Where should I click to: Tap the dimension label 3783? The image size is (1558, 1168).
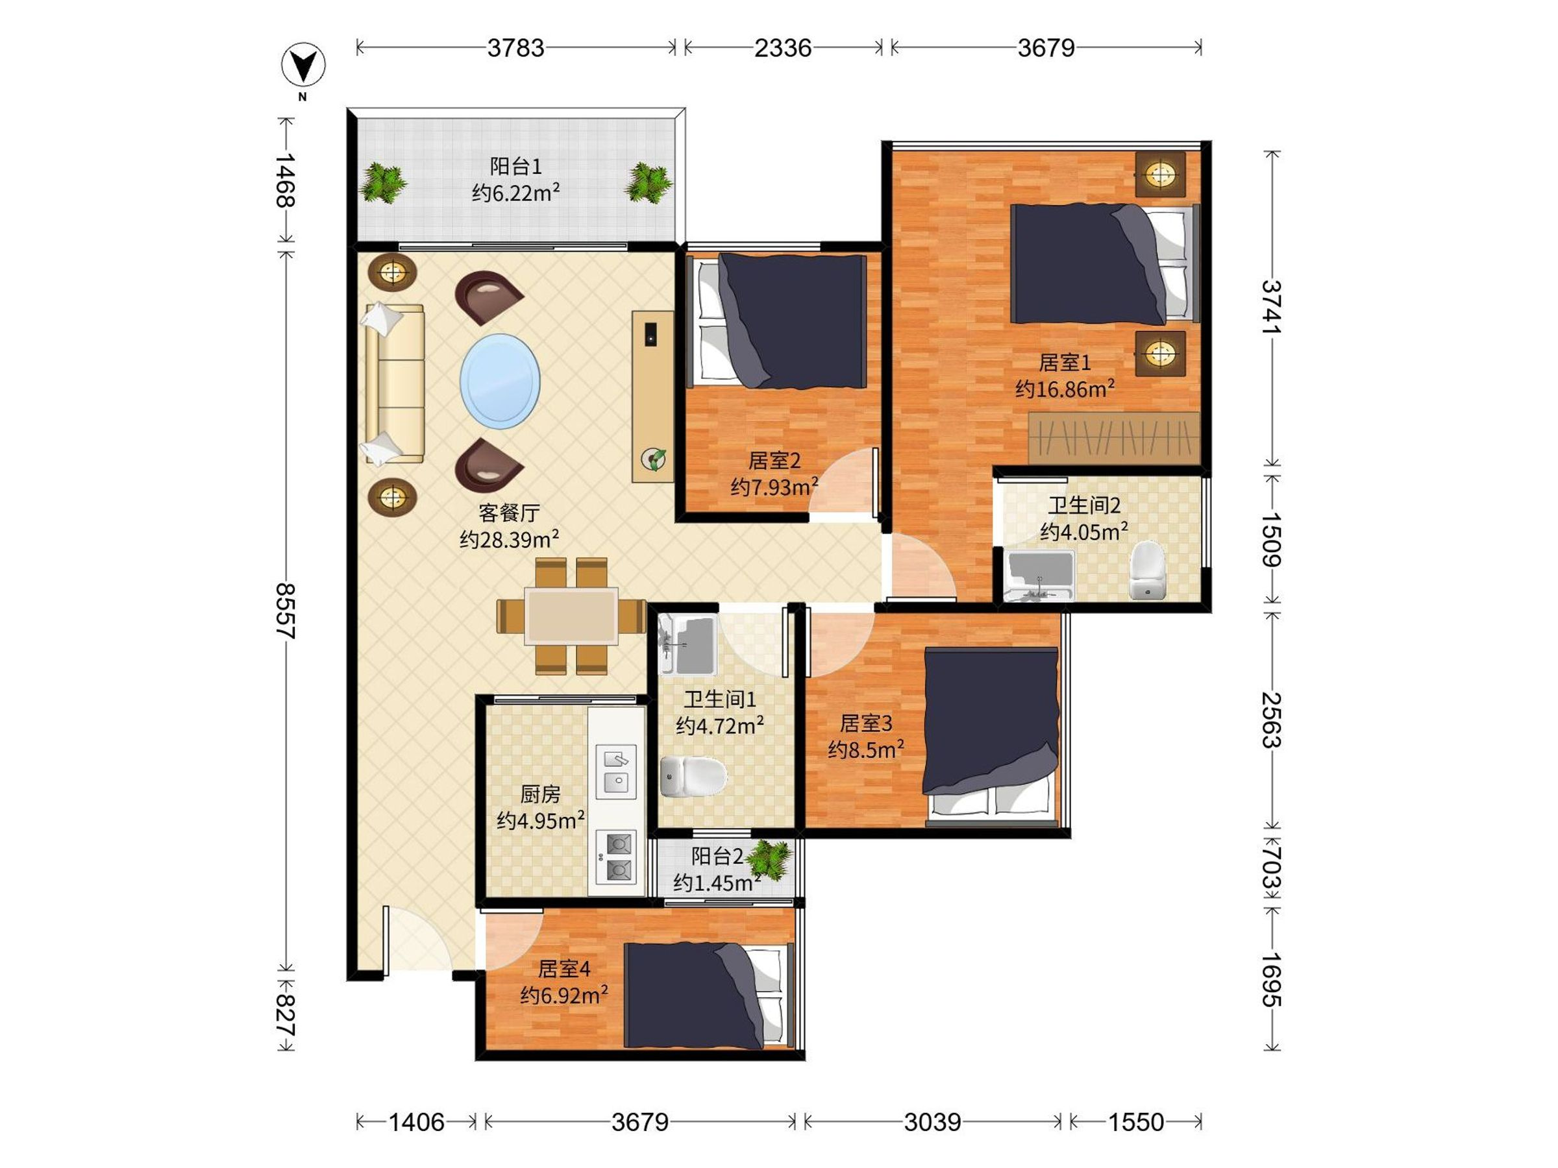pos(515,48)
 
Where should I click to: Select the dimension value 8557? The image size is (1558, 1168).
pos(285,611)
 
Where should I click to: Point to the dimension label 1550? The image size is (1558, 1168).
pos(1136,1121)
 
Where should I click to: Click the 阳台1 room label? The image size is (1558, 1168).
pos(515,167)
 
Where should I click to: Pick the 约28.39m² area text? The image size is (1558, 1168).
pos(509,539)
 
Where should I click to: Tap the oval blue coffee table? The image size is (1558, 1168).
pos(500,382)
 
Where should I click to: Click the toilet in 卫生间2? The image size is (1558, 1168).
pos(1147,570)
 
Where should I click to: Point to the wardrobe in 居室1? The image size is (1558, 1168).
pos(1113,438)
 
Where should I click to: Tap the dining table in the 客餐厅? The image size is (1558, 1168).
pos(571,616)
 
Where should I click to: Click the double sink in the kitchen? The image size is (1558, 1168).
pos(616,770)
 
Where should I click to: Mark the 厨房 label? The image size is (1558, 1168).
pos(540,794)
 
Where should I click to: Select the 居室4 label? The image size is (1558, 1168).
pos(563,969)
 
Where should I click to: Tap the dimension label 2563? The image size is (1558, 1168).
pos(1271,720)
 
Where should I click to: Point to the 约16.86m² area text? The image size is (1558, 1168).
pos(1065,389)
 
